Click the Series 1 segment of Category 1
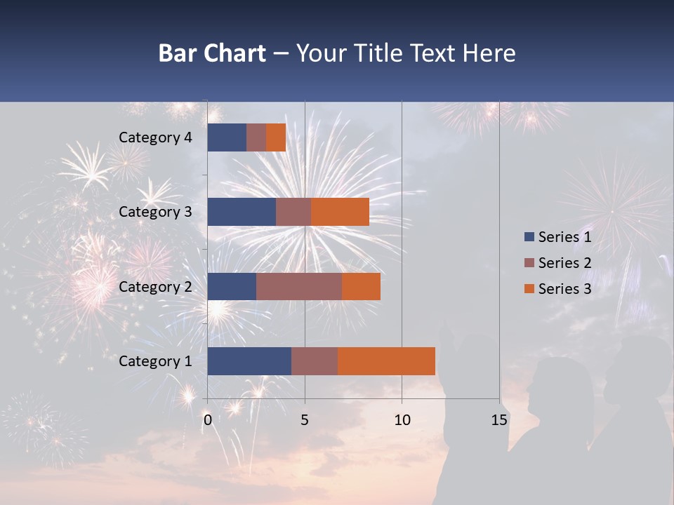click(x=249, y=361)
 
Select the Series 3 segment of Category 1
click(x=386, y=361)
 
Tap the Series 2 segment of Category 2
click(x=298, y=286)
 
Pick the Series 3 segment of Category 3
click(x=340, y=212)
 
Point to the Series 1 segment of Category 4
click(x=227, y=137)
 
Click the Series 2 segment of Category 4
click(x=256, y=137)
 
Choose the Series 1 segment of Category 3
click(x=242, y=212)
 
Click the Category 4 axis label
click(x=155, y=137)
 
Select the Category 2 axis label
click(x=155, y=286)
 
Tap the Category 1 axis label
click(x=155, y=361)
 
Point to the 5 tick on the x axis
click(x=305, y=420)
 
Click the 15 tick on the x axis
click(x=499, y=420)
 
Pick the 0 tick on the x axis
click(x=208, y=420)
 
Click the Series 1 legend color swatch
click(x=529, y=237)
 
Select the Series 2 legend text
click(x=564, y=263)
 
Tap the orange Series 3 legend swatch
click(x=529, y=289)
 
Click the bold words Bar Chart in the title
click(x=212, y=53)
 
